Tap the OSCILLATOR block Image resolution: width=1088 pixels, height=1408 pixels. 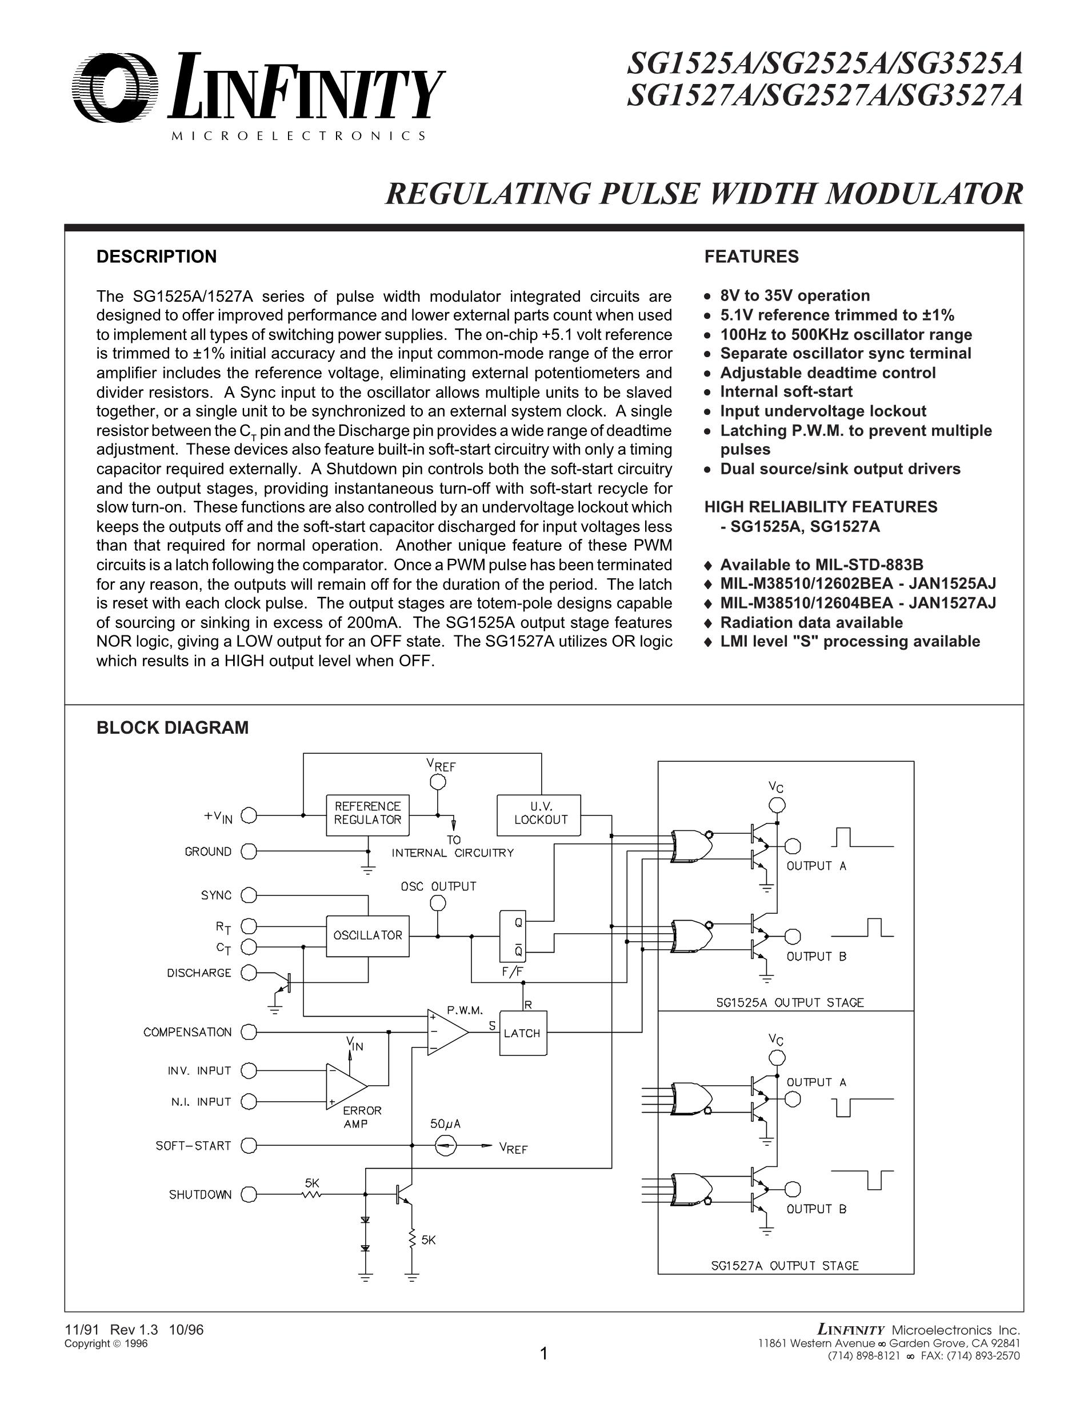tap(367, 935)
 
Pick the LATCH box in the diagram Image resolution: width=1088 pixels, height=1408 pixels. tap(523, 1033)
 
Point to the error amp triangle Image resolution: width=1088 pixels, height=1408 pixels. tap(346, 1086)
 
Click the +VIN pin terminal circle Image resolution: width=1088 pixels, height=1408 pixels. tap(249, 816)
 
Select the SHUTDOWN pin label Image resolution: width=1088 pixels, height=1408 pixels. tap(200, 1195)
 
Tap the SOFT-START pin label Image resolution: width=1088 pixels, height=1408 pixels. tap(193, 1146)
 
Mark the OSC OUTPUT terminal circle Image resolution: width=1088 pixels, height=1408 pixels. tap(438, 903)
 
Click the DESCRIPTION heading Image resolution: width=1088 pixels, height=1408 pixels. tap(157, 257)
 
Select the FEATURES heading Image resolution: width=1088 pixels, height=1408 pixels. tap(751, 257)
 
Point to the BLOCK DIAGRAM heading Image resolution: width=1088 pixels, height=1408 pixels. tap(172, 727)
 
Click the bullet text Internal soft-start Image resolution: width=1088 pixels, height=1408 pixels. tap(786, 392)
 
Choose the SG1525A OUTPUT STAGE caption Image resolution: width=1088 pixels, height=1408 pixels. tap(790, 1002)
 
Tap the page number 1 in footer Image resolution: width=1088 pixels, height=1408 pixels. tap(543, 1354)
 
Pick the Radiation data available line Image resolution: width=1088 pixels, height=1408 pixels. tap(811, 622)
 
